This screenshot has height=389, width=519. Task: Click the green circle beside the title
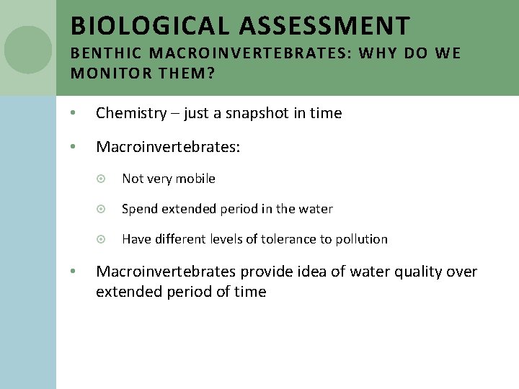pos(28,50)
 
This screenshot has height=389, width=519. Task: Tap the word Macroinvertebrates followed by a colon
pos(167,147)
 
